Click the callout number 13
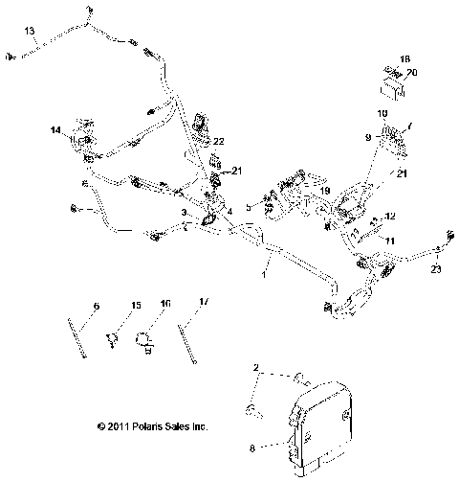pos(30,32)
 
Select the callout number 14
pos(56,129)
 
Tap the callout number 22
pos(218,143)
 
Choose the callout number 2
pos(256,368)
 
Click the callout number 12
pos(389,217)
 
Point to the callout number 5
pos(247,206)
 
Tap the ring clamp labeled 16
pos(143,337)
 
